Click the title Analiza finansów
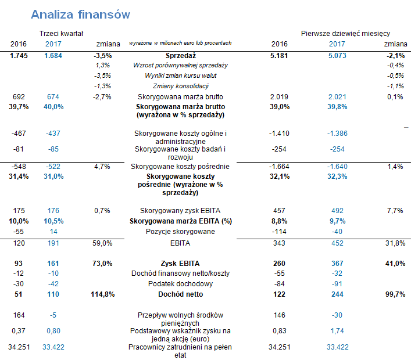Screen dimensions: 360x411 pos(80,14)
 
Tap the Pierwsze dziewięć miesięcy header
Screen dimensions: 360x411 pos(345,34)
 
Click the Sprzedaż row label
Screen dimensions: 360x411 pos(180,56)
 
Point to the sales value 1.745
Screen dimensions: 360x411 pos(18,56)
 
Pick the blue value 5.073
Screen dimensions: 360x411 pos(337,56)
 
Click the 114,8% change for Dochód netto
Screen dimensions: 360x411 pos(102,295)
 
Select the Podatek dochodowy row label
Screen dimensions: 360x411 pos(180,284)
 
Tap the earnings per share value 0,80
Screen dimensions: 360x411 pos(53,331)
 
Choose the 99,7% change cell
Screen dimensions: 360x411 pos(393,295)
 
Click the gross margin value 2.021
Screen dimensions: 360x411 pos(337,97)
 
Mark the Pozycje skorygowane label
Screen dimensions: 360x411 pos(180,232)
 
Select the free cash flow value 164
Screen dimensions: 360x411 pos(19,316)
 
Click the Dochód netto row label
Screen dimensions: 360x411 pos(180,295)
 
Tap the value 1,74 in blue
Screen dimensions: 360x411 pos(337,331)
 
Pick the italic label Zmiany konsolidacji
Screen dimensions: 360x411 pos(180,87)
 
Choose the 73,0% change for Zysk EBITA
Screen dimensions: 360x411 pos(102,264)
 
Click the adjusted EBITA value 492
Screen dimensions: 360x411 pos(337,211)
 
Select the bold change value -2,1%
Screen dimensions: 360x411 pos(394,56)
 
